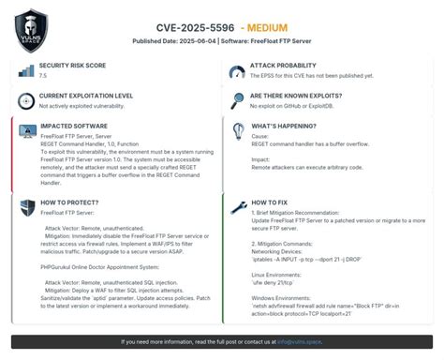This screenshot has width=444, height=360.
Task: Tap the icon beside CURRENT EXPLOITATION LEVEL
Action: (x=25, y=101)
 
